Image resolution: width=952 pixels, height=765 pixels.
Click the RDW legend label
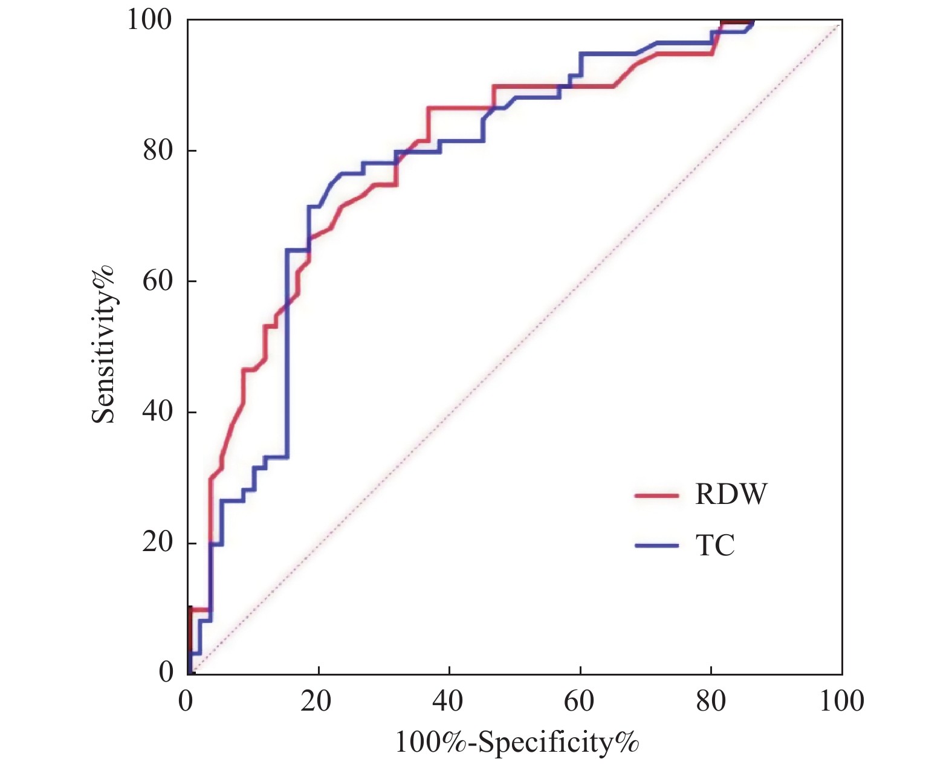[x=731, y=494]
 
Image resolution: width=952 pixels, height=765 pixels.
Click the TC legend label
[x=715, y=546]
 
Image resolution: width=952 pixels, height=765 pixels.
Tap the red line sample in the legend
[x=656, y=495]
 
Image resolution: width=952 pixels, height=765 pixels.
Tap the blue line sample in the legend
[x=656, y=546]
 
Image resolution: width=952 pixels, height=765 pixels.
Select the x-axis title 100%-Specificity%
[x=517, y=742]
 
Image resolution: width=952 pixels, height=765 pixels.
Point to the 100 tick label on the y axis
[x=149, y=19]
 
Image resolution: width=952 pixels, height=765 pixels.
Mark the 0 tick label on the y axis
[x=166, y=672]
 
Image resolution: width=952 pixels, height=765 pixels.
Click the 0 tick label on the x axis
[x=186, y=701]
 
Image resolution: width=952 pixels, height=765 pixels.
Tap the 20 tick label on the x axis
[x=316, y=701]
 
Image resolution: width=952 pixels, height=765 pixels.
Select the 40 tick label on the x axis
[x=448, y=701]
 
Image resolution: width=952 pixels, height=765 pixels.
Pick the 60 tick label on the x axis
[x=579, y=701]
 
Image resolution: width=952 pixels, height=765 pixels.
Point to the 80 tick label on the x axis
[x=710, y=701]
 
